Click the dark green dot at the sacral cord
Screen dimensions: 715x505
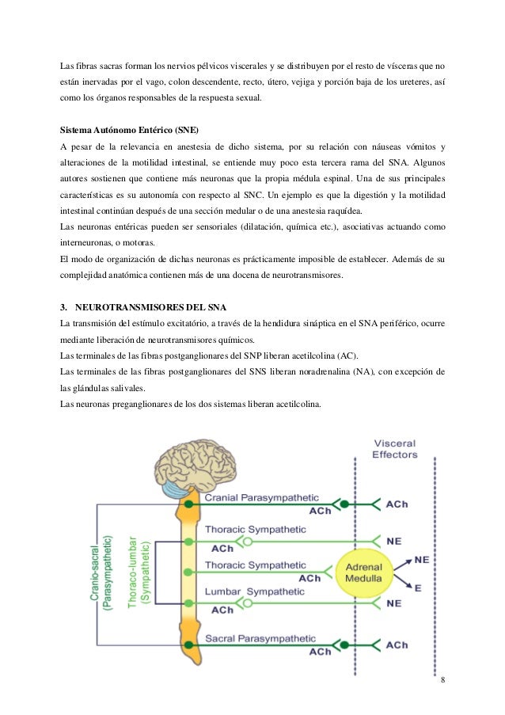pos(188,643)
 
